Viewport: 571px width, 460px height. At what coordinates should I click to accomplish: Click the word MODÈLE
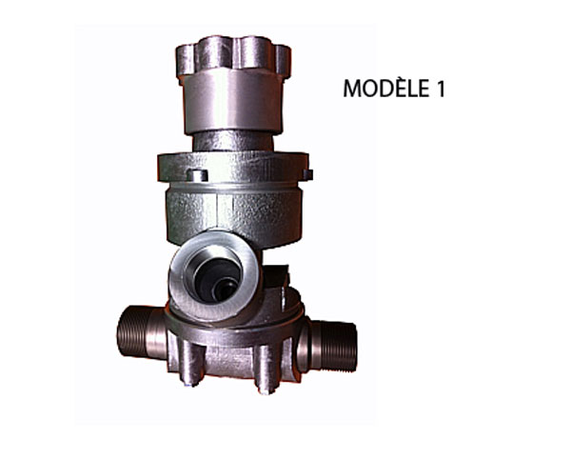[x=386, y=88]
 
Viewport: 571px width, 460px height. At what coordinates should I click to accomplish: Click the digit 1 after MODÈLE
[x=441, y=89]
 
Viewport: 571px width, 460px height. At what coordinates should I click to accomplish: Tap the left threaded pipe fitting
[x=141, y=331]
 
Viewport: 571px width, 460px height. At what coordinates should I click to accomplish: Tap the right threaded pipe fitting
[x=328, y=346]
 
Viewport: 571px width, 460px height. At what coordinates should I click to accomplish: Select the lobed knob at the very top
[x=233, y=55]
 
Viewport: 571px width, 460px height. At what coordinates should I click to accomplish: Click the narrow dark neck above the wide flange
[x=233, y=140]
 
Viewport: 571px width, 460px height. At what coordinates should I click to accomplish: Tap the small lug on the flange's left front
[x=197, y=175]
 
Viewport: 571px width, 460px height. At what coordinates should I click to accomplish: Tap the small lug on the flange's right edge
[x=307, y=174]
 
